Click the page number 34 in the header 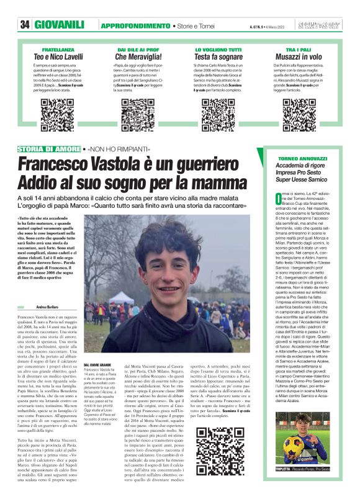[x=25, y=25]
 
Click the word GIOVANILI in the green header [x=59, y=25]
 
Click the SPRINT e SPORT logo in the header [x=321, y=25]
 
